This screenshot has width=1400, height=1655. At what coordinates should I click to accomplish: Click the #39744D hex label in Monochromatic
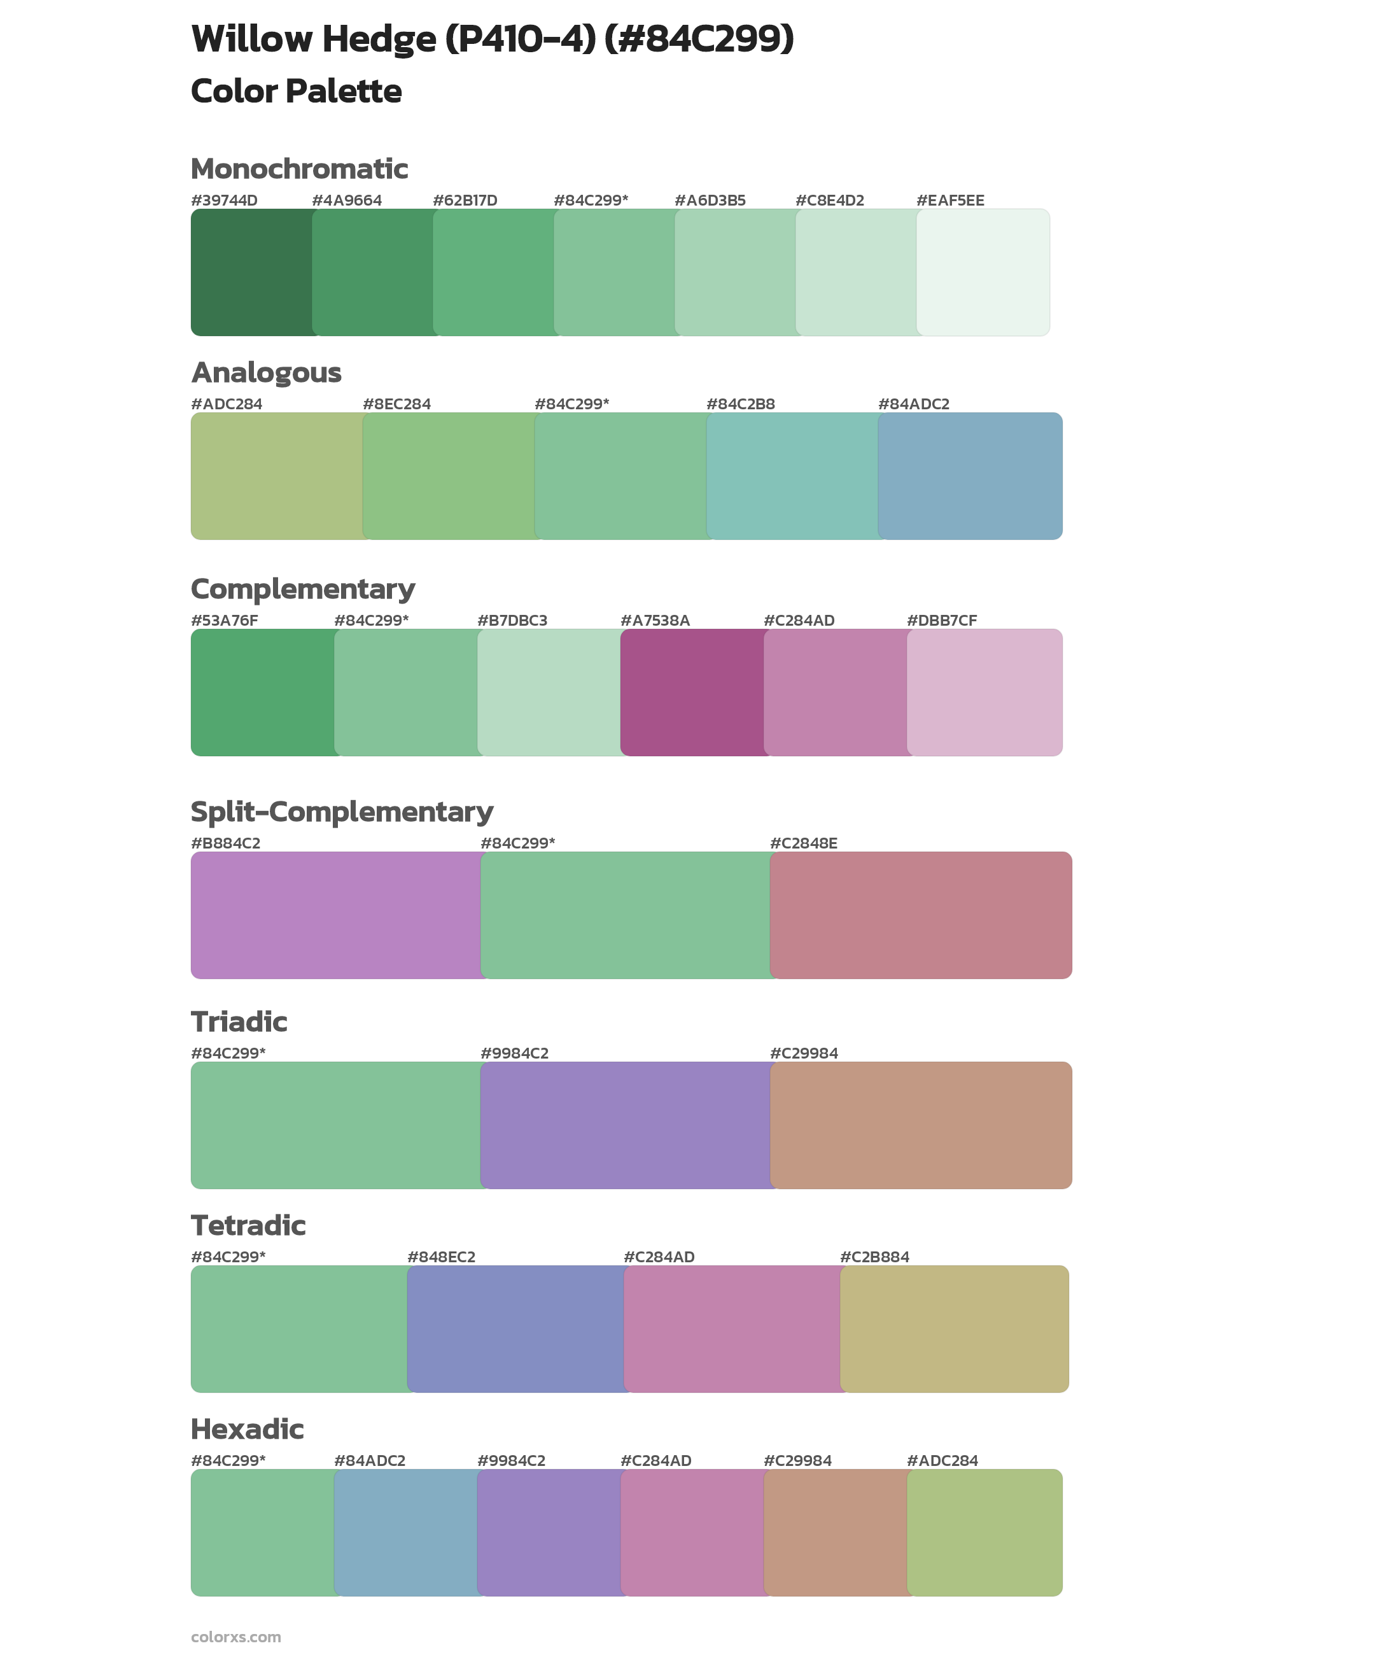click(x=224, y=200)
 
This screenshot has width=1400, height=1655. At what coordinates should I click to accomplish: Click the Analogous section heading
click(x=266, y=372)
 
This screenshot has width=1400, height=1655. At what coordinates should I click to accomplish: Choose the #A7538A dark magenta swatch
click(x=691, y=692)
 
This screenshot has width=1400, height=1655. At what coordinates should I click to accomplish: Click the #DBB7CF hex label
click(x=941, y=620)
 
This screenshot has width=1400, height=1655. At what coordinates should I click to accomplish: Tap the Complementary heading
click(x=302, y=589)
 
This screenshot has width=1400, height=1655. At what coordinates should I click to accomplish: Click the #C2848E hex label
click(x=803, y=843)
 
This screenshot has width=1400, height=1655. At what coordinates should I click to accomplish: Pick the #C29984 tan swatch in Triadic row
click(x=921, y=1125)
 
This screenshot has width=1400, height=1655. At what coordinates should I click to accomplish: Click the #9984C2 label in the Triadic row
click(x=514, y=1053)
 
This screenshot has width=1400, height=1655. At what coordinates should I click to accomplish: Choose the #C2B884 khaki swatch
click(x=955, y=1328)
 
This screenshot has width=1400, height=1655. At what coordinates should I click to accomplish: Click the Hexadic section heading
click(x=247, y=1429)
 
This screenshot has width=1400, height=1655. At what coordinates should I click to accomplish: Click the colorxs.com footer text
click(x=235, y=1637)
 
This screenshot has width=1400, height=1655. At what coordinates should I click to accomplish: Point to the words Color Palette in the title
click(x=296, y=91)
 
